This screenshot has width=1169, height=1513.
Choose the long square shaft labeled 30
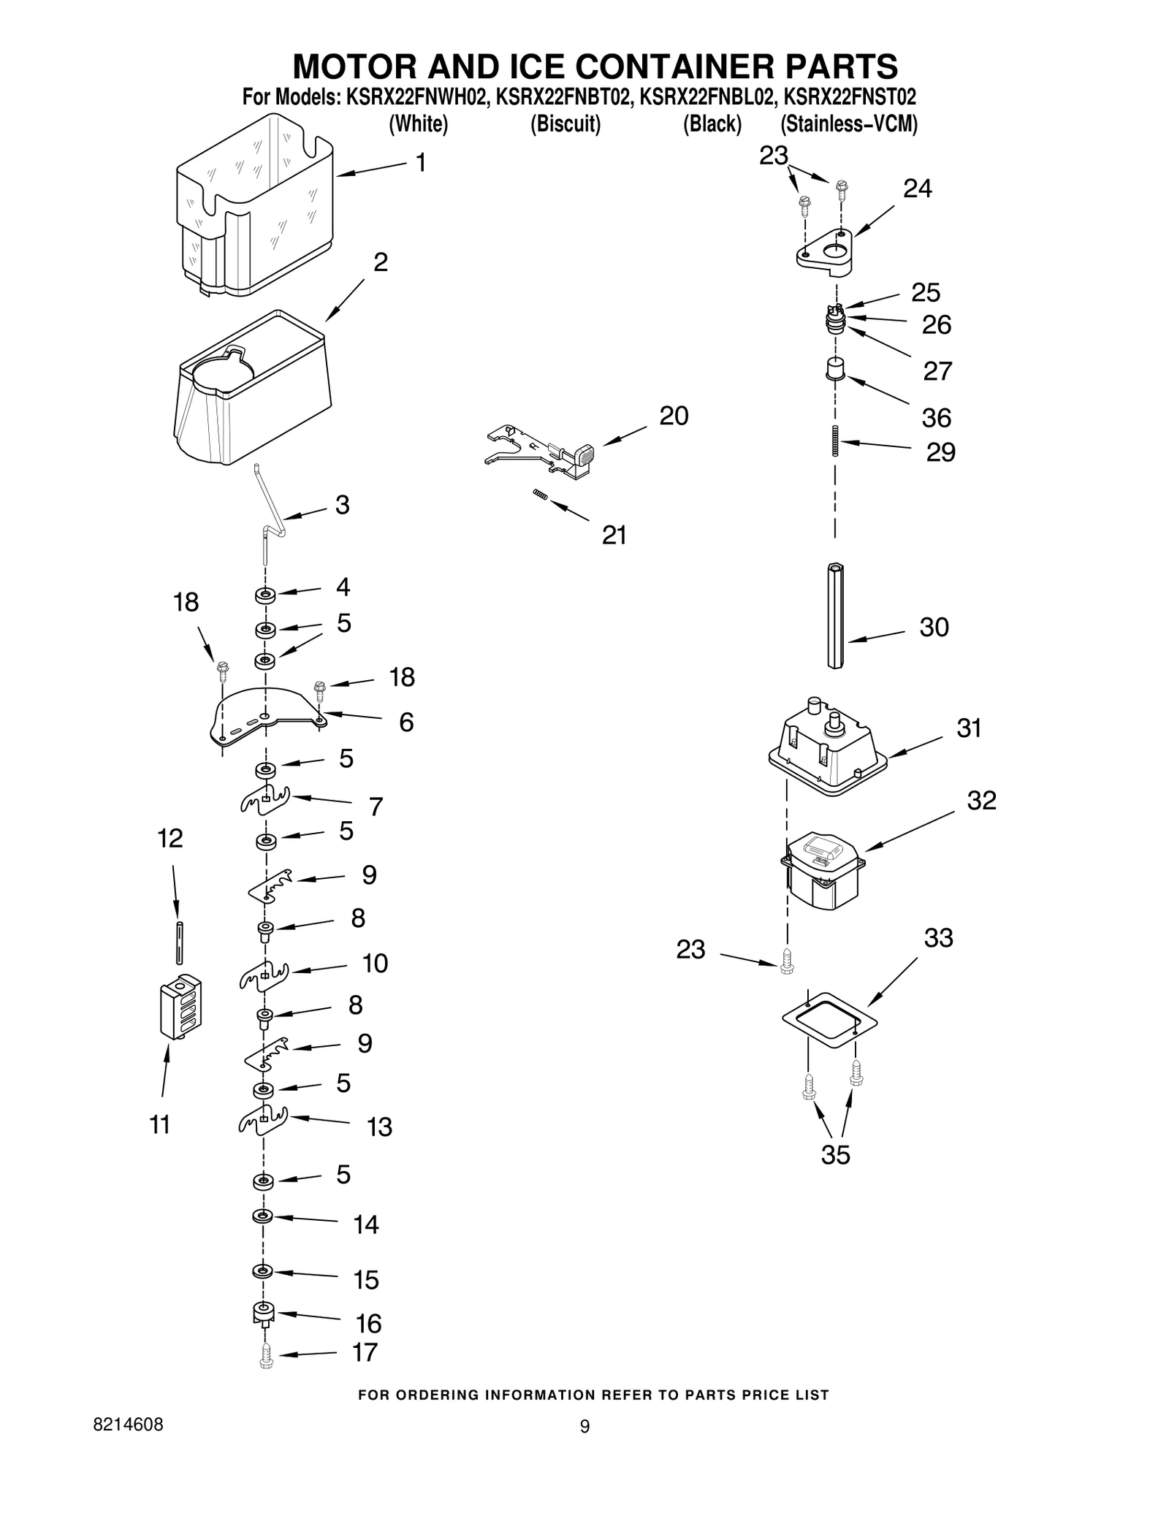(836, 615)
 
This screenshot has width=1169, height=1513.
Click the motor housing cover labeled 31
(827, 749)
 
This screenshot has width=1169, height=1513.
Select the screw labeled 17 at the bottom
(266, 1356)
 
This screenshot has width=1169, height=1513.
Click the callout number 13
(379, 1127)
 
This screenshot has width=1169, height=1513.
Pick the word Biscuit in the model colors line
(566, 124)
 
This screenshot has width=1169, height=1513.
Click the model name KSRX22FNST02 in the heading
(849, 97)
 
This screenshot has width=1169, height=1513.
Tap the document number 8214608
(128, 1425)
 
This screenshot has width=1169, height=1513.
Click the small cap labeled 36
(835, 368)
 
